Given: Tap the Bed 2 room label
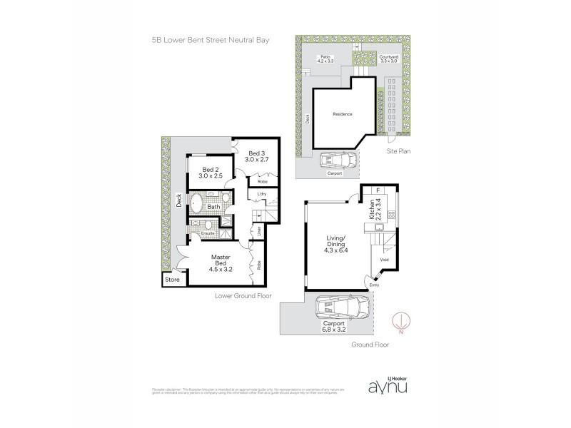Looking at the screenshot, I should [203, 172].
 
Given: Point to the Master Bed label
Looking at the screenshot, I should [221, 265].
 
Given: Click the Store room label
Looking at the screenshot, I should [173, 280].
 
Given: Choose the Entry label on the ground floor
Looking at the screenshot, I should [374, 285].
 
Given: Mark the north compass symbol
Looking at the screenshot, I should [404, 322].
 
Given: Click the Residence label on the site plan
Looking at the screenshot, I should [343, 114].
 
